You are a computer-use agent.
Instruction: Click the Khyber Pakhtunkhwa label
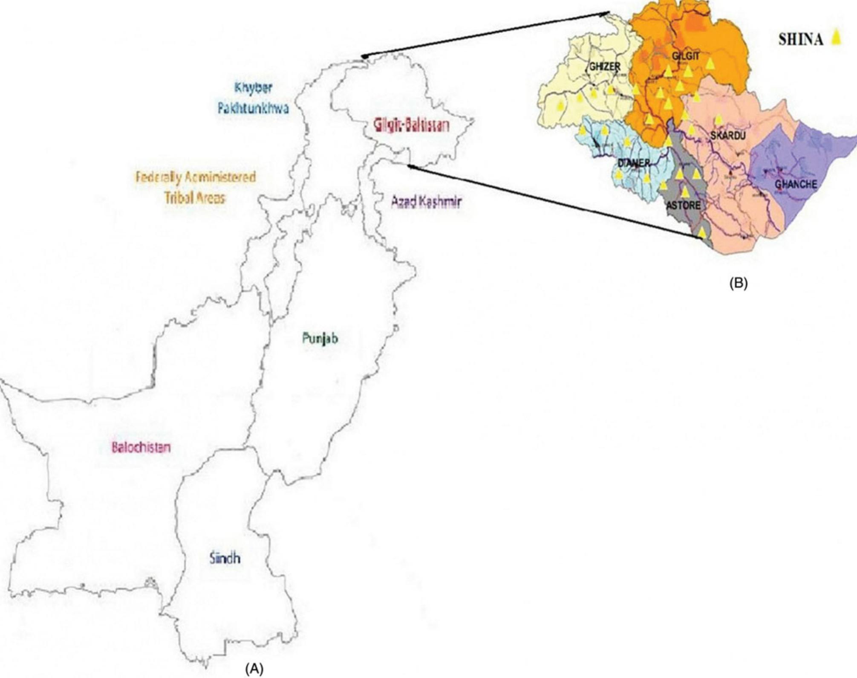coord(253,98)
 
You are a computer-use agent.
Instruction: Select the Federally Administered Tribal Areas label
coord(196,187)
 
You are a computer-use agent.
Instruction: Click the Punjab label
coord(320,339)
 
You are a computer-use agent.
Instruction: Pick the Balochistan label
coord(141,447)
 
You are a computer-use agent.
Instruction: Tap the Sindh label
coord(225,558)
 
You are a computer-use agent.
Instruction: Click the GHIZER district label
coord(604,67)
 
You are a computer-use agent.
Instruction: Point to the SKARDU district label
coord(727,136)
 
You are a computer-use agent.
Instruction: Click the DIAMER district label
coord(634,163)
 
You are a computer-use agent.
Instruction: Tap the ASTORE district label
coord(683,206)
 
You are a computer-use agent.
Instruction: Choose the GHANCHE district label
coord(796,184)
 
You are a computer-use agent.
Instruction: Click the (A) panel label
coord(254,669)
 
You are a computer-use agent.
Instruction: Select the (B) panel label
coord(739,283)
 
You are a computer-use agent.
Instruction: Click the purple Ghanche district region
coord(801,162)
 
